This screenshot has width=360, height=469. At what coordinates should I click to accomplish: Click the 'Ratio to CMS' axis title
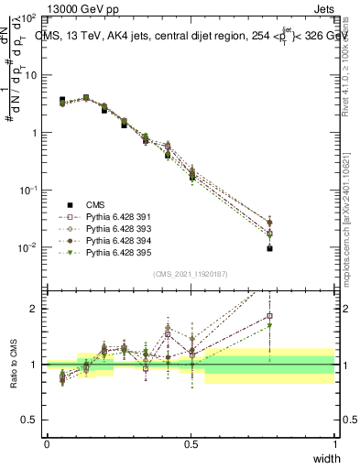[x=14, y=365]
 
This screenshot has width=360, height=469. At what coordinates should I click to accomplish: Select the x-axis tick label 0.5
[x=191, y=444]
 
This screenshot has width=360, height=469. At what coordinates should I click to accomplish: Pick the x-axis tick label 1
[x=334, y=444]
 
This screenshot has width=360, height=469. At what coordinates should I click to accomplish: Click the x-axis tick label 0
[x=47, y=444]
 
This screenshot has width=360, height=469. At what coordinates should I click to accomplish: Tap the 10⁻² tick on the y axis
[x=28, y=247]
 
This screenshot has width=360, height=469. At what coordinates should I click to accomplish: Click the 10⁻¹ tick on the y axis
[x=28, y=190]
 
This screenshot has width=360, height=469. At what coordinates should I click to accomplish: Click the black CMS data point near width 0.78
[x=270, y=248]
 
